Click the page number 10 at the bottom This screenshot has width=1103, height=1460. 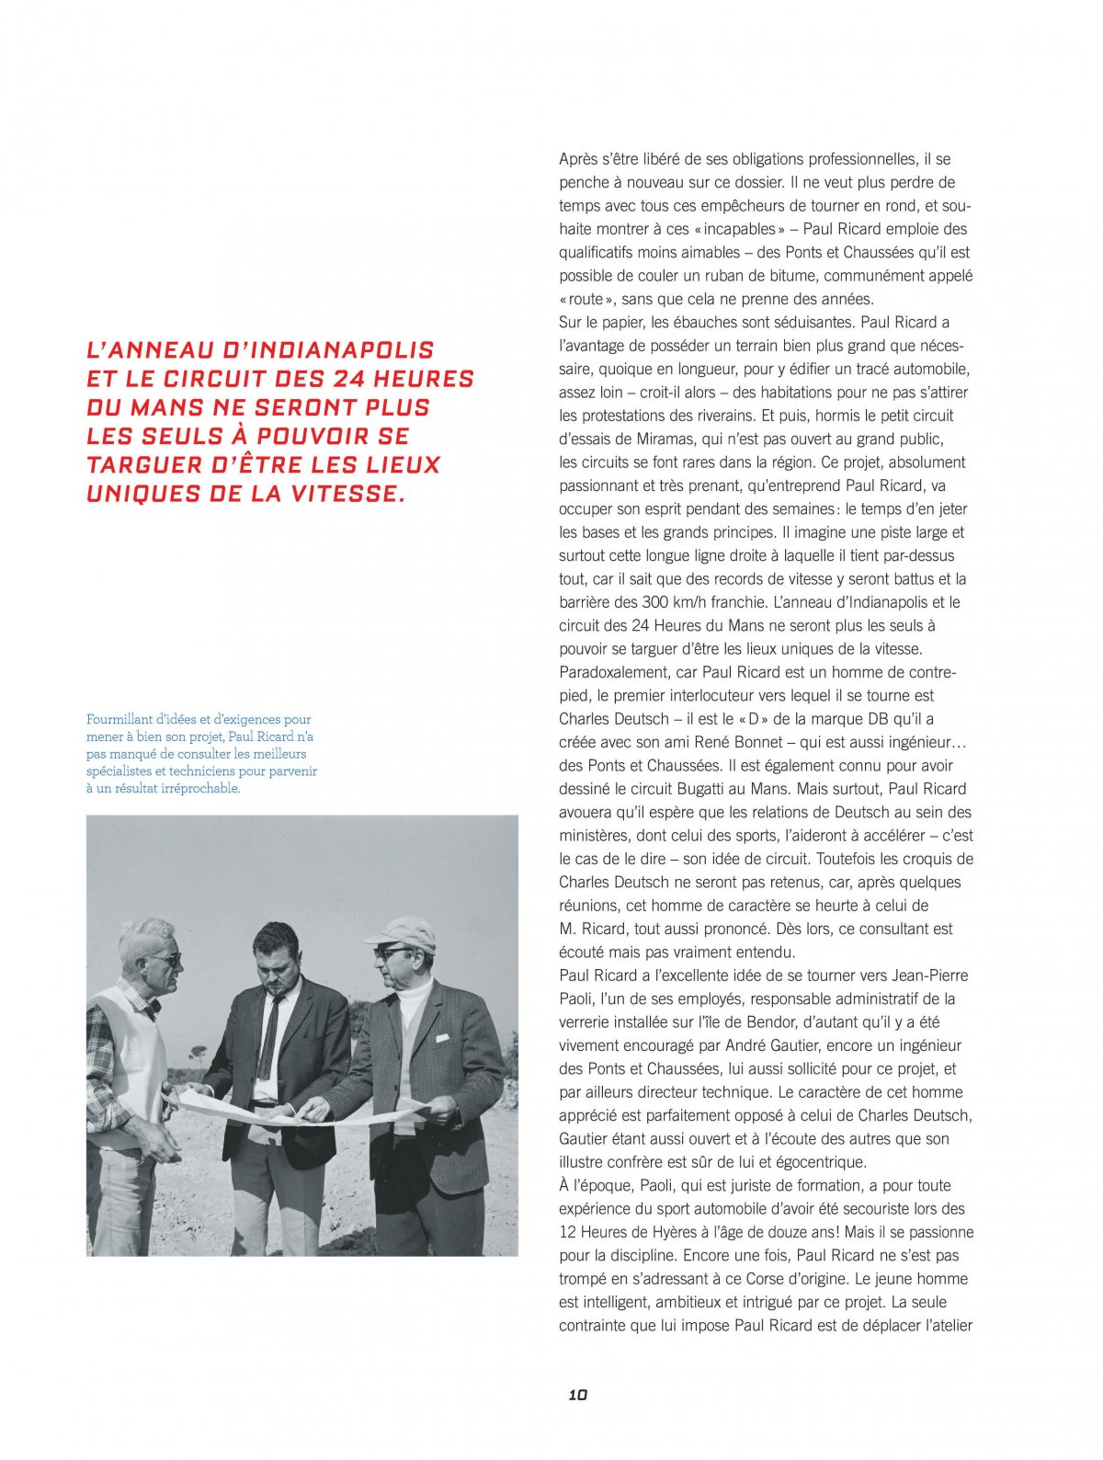[x=577, y=1395]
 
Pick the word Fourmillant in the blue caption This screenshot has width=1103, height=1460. [x=119, y=719]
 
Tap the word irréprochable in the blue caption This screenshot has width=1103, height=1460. [x=199, y=788]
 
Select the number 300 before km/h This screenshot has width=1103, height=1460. [x=657, y=602]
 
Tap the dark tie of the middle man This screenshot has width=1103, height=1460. [x=267, y=1039]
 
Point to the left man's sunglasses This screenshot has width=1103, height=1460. [x=165, y=959]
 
